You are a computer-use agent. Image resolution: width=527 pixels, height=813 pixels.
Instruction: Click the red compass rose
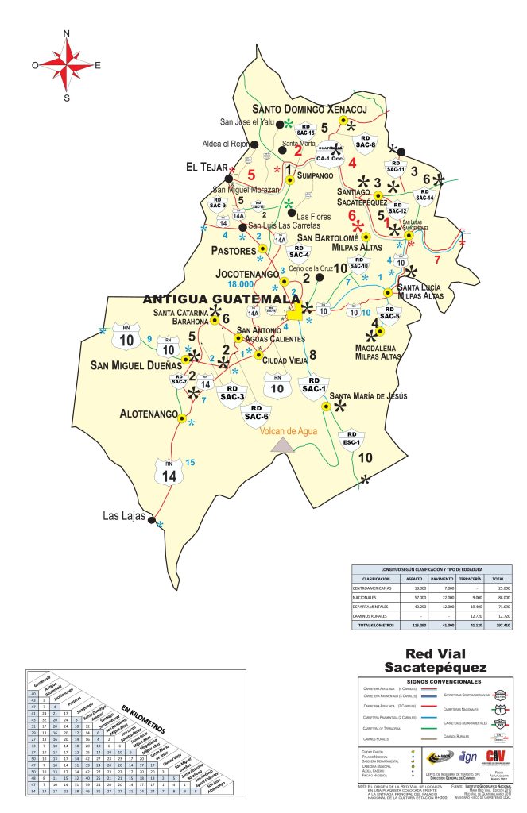67,65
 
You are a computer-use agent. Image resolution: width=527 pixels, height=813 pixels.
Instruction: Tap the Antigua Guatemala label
222,299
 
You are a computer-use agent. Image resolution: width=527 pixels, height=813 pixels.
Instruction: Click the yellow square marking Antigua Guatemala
294,314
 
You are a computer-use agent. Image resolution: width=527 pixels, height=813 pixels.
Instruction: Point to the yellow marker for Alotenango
182,418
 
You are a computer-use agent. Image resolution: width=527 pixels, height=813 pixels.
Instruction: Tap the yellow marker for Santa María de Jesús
325,406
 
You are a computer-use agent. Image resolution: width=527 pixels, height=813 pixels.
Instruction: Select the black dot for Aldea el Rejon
254,145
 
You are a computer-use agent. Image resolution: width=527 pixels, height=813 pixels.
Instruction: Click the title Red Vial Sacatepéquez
434,660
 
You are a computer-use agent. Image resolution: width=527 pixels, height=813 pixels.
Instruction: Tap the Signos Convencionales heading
434,681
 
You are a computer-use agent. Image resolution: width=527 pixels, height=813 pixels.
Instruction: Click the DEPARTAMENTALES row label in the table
379,607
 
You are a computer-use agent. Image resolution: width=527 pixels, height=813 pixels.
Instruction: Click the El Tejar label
202,168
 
